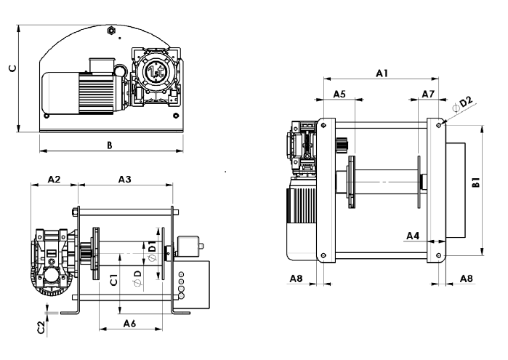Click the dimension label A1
click(382, 73)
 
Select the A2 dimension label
click(53, 179)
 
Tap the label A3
click(124, 179)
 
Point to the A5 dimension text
click(339, 95)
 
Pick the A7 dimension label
click(427, 95)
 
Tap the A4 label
click(413, 236)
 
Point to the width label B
click(110, 145)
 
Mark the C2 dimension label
click(41, 327)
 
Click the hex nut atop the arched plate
click(110, 31)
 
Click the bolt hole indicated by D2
click(440, 124)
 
